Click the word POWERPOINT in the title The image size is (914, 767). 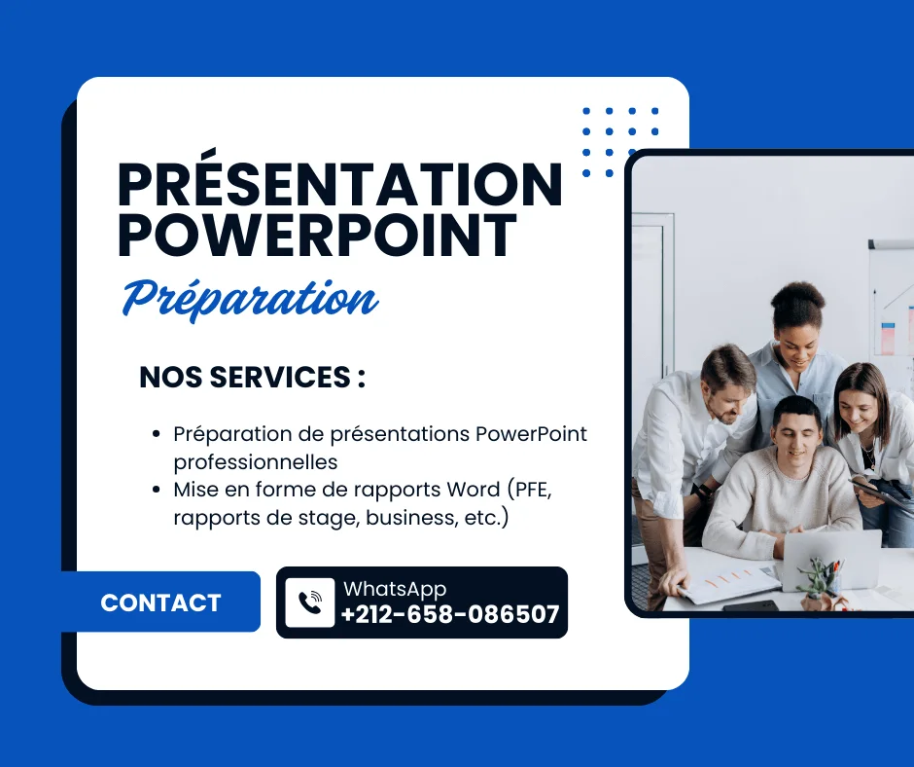tap(318, 236)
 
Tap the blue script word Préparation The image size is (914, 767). tap(251, 299)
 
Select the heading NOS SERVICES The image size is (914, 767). tap(253, 377)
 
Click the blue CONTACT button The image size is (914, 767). tap(160, 602)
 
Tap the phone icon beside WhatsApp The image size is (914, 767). tap(310, 603)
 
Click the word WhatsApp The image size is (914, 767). tap(395, 590)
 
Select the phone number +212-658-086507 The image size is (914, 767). tap(450, 614)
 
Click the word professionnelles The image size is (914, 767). tap(256, 461)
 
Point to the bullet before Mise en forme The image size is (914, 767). tap(156, 490)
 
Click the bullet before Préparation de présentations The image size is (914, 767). tap(156, 434)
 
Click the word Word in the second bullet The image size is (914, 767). tap(474, 490)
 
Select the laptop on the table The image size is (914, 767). tap(831, 559)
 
